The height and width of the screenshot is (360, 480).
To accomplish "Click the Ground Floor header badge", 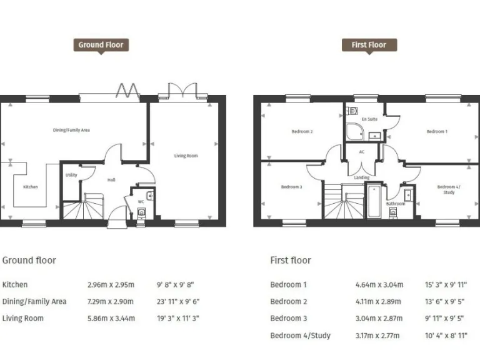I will [101, 45].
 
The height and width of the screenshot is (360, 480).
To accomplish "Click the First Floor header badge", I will [369, 45].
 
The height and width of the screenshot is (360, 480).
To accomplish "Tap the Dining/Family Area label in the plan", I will [71, 130].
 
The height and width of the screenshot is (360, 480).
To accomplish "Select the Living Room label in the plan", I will [186, 156].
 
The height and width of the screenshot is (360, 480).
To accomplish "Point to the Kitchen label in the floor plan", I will [30, 187].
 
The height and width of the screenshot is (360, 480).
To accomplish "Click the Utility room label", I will [71, 175].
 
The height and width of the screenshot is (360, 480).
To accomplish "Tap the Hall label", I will [111, 180].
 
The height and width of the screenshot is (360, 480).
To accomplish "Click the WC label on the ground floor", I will [141, 201].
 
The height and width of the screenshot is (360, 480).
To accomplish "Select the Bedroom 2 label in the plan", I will [302, 132].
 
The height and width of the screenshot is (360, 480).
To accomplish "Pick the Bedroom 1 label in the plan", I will [436, 132].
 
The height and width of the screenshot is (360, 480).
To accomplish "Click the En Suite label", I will [369, 119].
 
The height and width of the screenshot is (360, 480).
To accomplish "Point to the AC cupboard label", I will [361, 152].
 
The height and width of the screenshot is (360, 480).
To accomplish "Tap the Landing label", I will [361, 177].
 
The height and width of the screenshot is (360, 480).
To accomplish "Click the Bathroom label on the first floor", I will [395, 204].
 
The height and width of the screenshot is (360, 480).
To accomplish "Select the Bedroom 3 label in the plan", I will [291, 187].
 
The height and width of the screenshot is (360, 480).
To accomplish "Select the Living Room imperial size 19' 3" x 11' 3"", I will [179, 319].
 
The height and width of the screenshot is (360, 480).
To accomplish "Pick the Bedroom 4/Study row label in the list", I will [300, 336].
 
